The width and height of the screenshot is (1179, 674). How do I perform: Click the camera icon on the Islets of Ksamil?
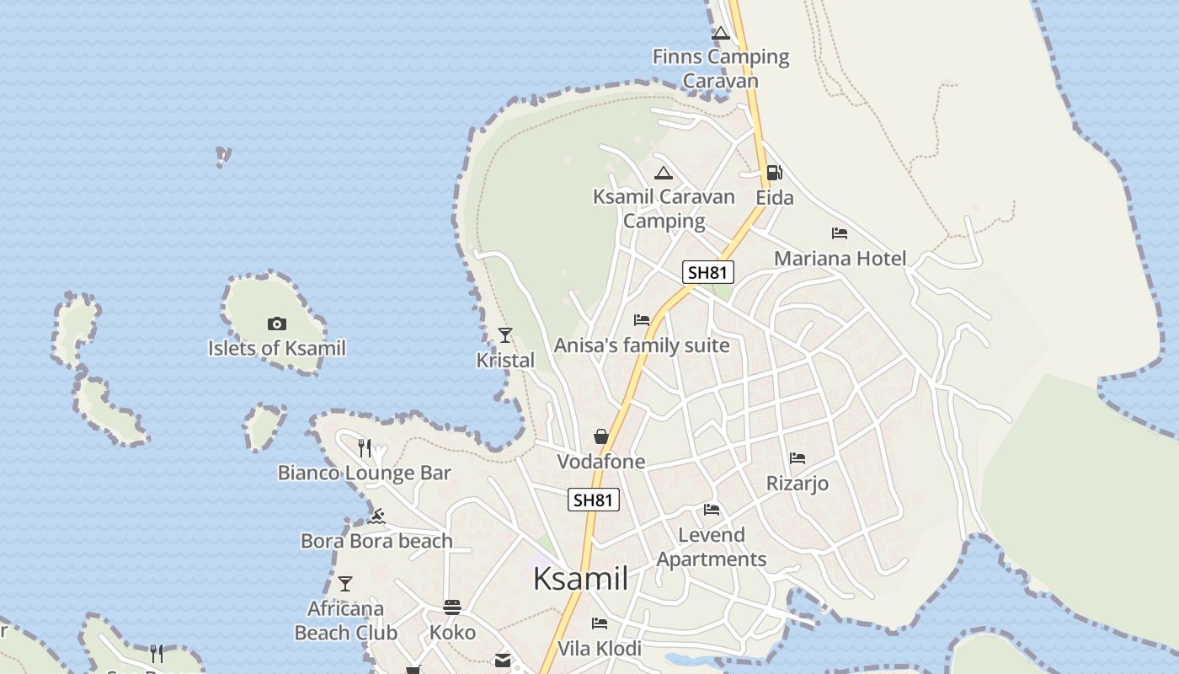point(276,324)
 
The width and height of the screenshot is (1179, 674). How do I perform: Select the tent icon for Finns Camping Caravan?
point(720,34)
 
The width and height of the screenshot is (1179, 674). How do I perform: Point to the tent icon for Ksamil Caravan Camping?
point(663,174)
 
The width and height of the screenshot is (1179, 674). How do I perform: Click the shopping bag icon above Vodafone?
point(600,436)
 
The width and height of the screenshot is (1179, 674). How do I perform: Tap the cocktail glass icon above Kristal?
point(504,335)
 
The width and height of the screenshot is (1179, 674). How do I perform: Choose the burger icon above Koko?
point(452,607)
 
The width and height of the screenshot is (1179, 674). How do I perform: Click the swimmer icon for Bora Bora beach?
point(376,516)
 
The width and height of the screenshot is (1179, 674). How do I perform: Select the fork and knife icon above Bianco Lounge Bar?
point(365,448)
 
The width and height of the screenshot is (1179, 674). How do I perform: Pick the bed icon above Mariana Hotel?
point(839,233)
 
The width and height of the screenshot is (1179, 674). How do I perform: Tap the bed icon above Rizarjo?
point(797,458)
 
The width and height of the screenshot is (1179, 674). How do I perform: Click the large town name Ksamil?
point(581,579)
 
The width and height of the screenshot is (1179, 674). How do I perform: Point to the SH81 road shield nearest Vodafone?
point(593,500)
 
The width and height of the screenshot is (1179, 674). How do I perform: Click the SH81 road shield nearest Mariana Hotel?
point(708,272)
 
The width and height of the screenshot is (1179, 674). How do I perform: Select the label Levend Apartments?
point(712,547)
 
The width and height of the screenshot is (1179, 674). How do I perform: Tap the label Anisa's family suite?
point(642,345)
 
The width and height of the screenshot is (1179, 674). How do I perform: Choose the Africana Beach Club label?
point(345,620)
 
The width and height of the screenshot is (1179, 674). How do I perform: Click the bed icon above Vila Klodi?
point(600,623)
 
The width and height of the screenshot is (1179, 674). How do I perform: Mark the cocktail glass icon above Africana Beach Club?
point(344,583)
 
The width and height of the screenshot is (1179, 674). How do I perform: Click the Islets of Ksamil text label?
point(277,348)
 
